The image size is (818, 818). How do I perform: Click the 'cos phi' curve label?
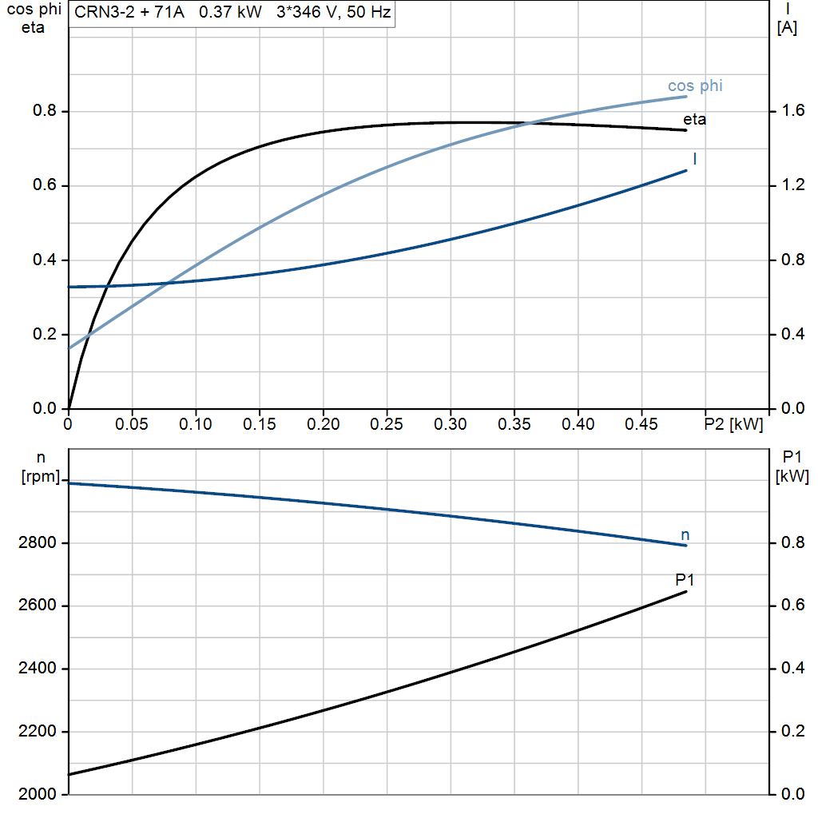pos(695,86)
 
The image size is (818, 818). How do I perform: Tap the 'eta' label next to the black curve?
pos(694,121)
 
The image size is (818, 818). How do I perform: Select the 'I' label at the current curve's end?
pos(694,159)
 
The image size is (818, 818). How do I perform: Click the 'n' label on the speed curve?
pos(685,534)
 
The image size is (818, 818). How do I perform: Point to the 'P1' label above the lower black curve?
pos(685,580)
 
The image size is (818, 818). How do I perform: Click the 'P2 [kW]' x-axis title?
pos(733,423)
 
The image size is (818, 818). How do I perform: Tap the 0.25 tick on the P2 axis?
pos(387,423)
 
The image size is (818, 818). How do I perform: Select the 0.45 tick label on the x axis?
pos(641,423)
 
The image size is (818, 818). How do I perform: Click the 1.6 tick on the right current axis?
pos(789,111)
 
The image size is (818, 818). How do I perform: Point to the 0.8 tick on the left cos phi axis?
pos(45,111)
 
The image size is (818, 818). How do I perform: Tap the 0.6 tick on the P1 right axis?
pos(789,606)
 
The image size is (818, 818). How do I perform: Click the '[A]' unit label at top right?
pos(787,28)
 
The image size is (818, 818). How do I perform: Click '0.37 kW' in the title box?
pos(230,14)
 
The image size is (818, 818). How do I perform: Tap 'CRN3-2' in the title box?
pos(101,14)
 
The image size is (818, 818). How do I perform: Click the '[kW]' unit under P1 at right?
pos(792,477)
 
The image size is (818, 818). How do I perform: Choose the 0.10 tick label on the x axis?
pos(196,423)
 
